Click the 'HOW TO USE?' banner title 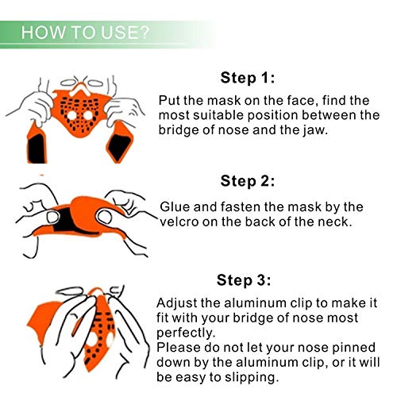coord(85,33)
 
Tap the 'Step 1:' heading coord(248,78)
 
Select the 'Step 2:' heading coord(248,181)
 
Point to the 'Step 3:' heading coord(244,280)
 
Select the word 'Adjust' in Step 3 coord(176,303)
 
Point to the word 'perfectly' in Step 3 coord(184,333)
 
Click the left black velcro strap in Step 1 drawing coord(37,148)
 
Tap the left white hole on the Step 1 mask coord(71,116)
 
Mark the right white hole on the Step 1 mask coord(88,116)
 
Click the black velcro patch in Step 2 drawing coord(64,220)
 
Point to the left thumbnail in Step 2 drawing coord(52,217)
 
